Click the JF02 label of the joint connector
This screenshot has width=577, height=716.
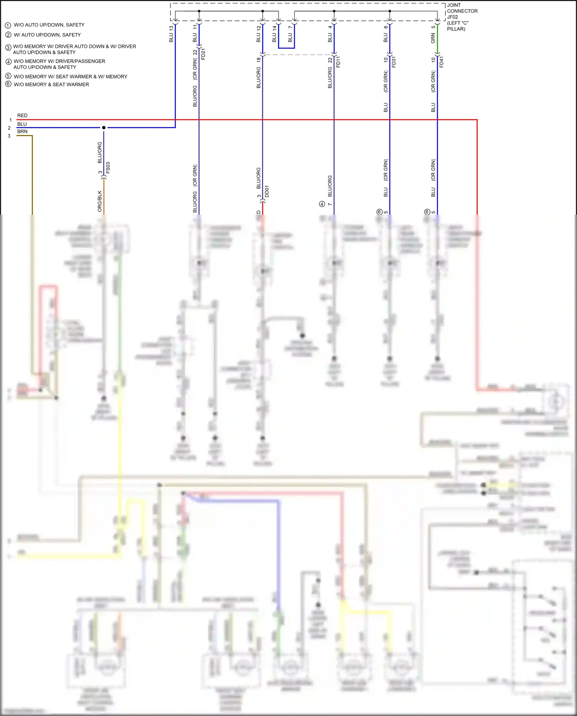(x=452, y=17)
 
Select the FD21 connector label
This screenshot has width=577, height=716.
(x=203, y=54)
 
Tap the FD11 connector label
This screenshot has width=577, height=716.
(x=338, y=62)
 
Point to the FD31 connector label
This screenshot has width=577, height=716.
(x=394, y=62)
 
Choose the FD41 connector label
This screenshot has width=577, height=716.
(x=441, y=62)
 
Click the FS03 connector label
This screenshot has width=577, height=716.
(x=108, y=168)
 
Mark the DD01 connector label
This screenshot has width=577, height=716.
(x=267, y=191)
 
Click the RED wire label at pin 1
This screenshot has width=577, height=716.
(x=22, y=115)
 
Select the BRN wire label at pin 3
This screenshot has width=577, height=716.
(x=22, y=132)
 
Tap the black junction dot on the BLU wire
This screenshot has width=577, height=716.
(x=104, y=127)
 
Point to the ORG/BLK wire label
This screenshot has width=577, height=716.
(x=100, y=201)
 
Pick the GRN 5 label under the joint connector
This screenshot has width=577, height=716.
(x=433, y=34)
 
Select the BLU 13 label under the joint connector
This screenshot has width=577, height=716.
(x=171, y=34)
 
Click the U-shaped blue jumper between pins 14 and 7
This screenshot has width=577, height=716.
(x=287, y=48)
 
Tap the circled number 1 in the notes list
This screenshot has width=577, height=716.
(x=8, y=25)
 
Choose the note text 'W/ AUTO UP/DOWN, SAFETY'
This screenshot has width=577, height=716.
(x=47, y=35)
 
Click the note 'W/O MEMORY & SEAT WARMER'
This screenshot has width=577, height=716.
(x=51, y=84)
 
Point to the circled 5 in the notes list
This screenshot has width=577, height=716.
(x=8, y=76)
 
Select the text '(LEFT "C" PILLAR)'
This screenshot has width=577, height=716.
(x=457, y=26)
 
